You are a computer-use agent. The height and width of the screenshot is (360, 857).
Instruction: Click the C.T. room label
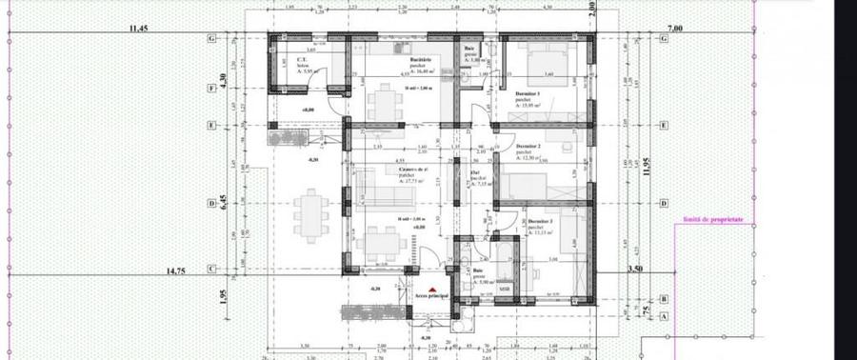(301, 58)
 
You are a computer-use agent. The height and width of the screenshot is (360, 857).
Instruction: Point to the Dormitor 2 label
(527, 146)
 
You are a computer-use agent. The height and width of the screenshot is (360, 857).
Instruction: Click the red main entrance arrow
(431, 289)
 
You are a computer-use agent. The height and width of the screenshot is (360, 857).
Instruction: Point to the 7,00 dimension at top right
(675, 30)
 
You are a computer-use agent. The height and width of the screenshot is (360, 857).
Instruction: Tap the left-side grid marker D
(209, 203)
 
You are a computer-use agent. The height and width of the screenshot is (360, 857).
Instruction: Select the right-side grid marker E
(661, 125)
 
